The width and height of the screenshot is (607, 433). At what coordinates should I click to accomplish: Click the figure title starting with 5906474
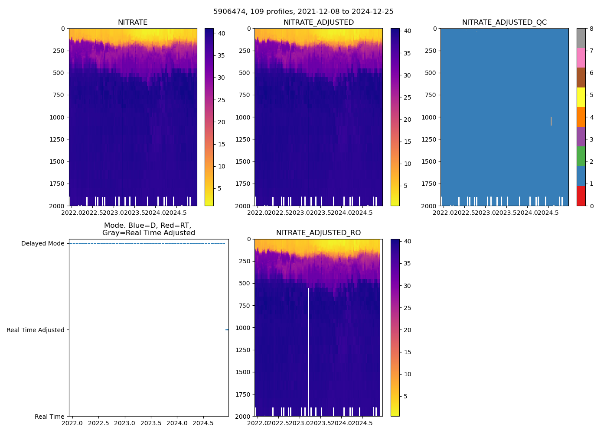(x=303, y=12)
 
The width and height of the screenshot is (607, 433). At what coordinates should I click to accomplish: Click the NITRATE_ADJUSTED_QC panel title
(x=504, y=23)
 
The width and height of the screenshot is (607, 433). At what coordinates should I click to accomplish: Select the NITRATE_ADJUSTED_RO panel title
(x=318, y=233)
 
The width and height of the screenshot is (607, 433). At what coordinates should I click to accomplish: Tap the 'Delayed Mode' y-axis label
(x=42, y=243)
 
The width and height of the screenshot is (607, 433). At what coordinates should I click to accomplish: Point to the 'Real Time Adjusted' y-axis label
(x=35, y=330)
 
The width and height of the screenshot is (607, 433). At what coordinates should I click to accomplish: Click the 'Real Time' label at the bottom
(x=49, y=417)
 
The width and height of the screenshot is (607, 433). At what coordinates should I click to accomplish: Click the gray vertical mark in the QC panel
(x=551, y=121)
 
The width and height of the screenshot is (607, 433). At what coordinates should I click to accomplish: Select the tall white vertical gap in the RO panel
(x=308, y=346)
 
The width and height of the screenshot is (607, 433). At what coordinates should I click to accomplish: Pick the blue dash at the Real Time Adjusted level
(x=227, y=330)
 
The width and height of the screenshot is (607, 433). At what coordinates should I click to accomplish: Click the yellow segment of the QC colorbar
(x=581, y=97)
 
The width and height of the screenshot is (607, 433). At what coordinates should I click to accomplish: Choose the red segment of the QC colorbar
(x=581, y=196)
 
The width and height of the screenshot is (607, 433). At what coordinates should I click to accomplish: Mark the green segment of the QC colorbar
(x=581, y=156)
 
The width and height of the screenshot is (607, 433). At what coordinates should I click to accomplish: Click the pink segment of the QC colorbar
(x=581, y=58)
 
